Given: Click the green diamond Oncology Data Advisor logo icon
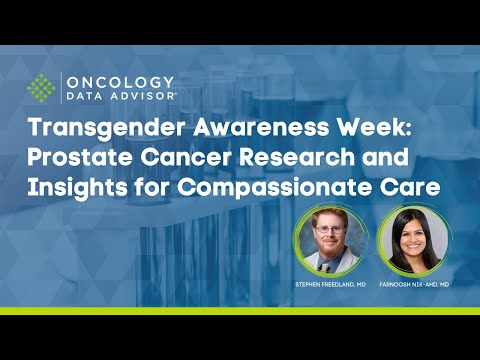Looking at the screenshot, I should [40, 88].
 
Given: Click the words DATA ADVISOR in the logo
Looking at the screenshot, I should [120, 96].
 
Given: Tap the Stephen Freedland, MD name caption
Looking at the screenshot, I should [331, 284].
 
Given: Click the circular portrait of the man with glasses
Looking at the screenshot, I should [331, 243].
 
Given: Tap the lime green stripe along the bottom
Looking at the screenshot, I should [240, 311].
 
